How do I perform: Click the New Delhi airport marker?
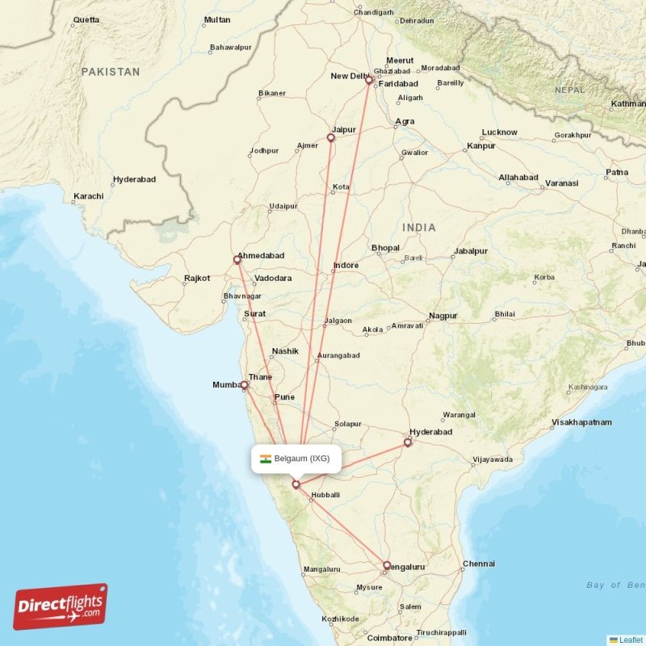tap(369, 80)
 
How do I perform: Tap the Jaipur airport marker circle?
tap(330, 138)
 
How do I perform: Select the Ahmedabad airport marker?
tap(237, 260)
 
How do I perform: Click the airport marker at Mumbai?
tap(244, 385)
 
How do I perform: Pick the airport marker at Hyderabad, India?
tap(408, 443)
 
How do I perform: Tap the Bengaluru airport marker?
tap(387, 565)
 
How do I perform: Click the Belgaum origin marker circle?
tap(296, 484)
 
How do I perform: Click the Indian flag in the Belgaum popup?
tap(266, 459)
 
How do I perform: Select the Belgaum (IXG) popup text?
tap(302, 459)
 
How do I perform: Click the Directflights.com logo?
tap(61, 606)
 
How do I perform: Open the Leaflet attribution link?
tap(631, 640)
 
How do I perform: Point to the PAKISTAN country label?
tap(110, 72)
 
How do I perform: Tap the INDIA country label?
tap(419, 228)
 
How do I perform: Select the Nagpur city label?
tap(443, 316)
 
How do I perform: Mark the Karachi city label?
tap(88, 196)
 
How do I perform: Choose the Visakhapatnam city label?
tap(581, 422)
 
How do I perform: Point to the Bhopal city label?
tap(385, 247)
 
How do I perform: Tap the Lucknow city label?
tap(499, 132)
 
